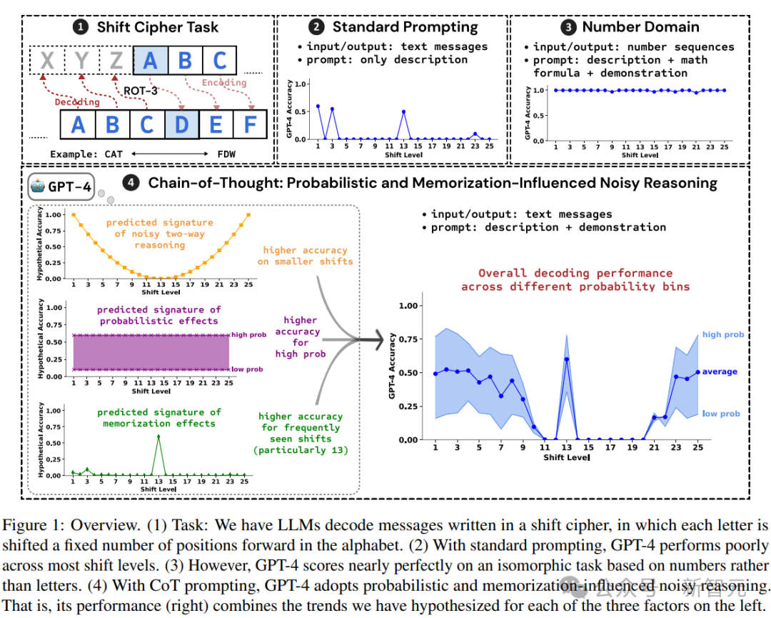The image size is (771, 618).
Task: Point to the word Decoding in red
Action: (77, 102)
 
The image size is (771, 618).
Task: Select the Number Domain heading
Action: (640, 27)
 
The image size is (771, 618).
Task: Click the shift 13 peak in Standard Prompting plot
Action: (403, 111)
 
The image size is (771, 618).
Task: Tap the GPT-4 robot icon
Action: (39, 188)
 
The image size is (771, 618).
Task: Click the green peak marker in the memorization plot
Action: (158, 437)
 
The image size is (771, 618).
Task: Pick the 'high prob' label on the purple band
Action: (247, 335)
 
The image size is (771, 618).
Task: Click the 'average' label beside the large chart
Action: (719, 372)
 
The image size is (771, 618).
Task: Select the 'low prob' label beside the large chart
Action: (721, 414)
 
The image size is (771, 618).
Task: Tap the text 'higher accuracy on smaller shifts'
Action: (305, 256)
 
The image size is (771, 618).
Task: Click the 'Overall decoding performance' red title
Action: (575, 279)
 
